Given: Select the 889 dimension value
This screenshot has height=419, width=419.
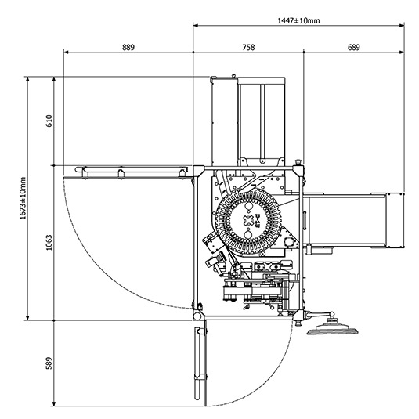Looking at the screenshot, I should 128,48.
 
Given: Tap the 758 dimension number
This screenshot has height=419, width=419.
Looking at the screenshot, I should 248,48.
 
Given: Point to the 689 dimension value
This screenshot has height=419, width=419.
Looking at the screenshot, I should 353,48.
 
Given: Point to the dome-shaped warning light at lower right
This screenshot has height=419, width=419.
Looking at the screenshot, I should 332,328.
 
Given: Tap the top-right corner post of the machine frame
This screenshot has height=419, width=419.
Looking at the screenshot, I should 298,167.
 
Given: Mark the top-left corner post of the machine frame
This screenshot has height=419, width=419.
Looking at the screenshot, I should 198,168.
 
